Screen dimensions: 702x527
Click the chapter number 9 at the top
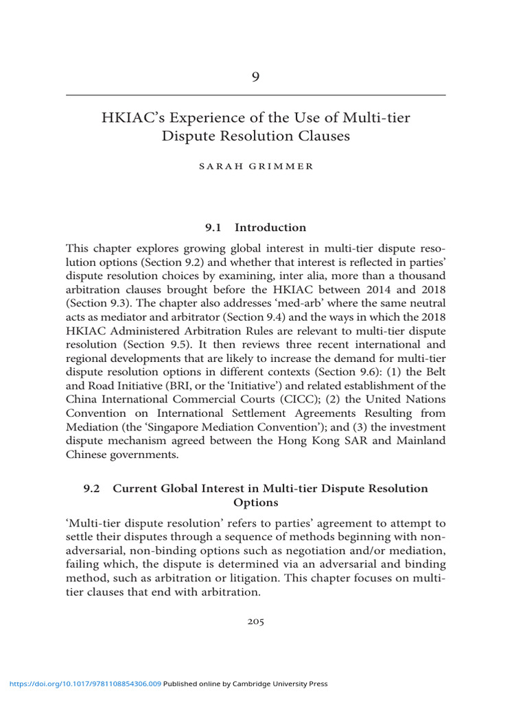point(255,77)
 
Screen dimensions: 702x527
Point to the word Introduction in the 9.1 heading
point(270,228)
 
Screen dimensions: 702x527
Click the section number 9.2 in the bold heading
point(92,488)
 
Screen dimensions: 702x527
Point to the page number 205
point(255,622)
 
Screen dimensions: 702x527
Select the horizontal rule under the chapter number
point(255,95)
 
